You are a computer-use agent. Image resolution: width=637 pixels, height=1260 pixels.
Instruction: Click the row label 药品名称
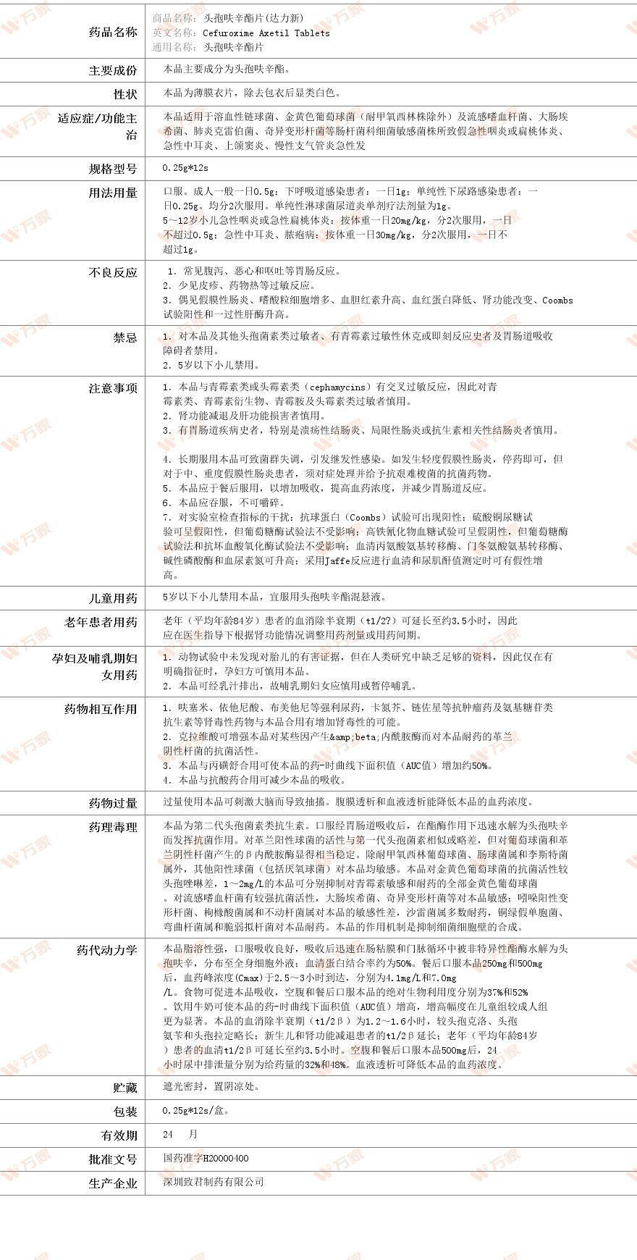[x=113, y=32]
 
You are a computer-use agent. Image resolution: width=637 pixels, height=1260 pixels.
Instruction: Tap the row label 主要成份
[x=113, y=70]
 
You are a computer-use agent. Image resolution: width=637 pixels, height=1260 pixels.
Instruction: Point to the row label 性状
[x=125, y=94]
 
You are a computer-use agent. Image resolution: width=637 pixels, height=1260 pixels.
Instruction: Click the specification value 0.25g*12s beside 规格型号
[x=185, y=168]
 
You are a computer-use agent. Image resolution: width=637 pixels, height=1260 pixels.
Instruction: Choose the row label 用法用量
[x=113, y=193]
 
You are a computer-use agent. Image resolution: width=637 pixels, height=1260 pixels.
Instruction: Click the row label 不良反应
[x=113, y=272]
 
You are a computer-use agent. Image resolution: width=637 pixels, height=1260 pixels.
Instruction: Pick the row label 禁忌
[x=125, y=337]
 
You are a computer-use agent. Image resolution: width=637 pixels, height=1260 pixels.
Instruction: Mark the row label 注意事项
[x=113, y=388]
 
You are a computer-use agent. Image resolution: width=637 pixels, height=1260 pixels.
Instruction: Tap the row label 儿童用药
[x=113, y=598]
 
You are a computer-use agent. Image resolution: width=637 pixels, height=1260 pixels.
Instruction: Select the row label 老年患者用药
[x=101, y=622]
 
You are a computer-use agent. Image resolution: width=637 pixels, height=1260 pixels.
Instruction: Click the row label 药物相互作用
[x=101, y=709]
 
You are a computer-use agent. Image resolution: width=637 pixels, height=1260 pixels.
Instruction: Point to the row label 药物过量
[x=113, y=803]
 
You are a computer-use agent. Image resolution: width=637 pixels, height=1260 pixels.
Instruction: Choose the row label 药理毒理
[x=113, y=827]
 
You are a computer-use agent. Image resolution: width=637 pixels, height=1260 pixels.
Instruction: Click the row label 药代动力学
[x=107, y=950]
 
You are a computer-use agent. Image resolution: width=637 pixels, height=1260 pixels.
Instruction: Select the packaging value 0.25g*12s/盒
[x=196, y=1110]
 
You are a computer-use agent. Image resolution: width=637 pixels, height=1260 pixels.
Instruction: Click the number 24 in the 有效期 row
[x=169, y=1134]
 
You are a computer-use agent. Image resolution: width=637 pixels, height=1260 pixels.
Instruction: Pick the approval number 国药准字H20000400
[x=206, y=1158]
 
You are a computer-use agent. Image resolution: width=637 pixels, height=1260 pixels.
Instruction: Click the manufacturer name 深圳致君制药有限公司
[x=214, y=1182]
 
